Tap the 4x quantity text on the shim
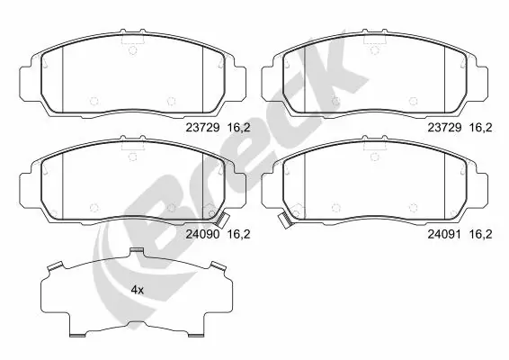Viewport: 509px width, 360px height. [137, 290]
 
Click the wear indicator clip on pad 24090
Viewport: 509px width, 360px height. [221, 216]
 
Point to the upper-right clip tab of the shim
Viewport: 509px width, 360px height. [216, 265]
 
